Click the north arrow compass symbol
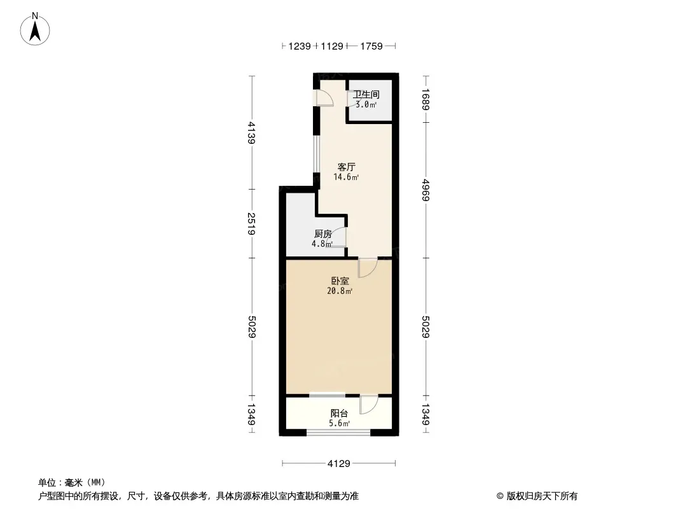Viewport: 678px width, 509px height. [35, 29]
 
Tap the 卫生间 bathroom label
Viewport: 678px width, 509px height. [366, 94]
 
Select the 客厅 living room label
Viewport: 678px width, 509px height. [347, 167]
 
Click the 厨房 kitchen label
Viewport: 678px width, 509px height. [322, 234]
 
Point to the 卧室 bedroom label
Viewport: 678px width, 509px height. [340, 281]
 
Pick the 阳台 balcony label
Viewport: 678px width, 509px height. [339, 414]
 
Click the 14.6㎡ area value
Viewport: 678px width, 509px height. [346, 177]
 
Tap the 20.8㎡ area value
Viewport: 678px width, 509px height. [340, 291]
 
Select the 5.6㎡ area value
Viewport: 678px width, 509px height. [339, 423]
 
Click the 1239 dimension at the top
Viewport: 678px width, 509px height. [299, 46]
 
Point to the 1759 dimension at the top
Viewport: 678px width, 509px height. [371, 46]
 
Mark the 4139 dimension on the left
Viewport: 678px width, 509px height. [252, 133]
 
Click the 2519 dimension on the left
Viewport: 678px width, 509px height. [252, 223]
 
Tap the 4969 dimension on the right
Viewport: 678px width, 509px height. [426, 190]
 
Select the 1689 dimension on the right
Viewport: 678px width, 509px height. [426, 99]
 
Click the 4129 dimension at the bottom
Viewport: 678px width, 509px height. [338, 464]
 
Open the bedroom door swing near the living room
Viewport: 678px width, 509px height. [368, 268]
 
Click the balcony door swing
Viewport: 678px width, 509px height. [369, 405]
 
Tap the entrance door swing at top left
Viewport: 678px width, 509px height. [324, 97]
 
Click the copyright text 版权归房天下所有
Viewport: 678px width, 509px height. [541, 496]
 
